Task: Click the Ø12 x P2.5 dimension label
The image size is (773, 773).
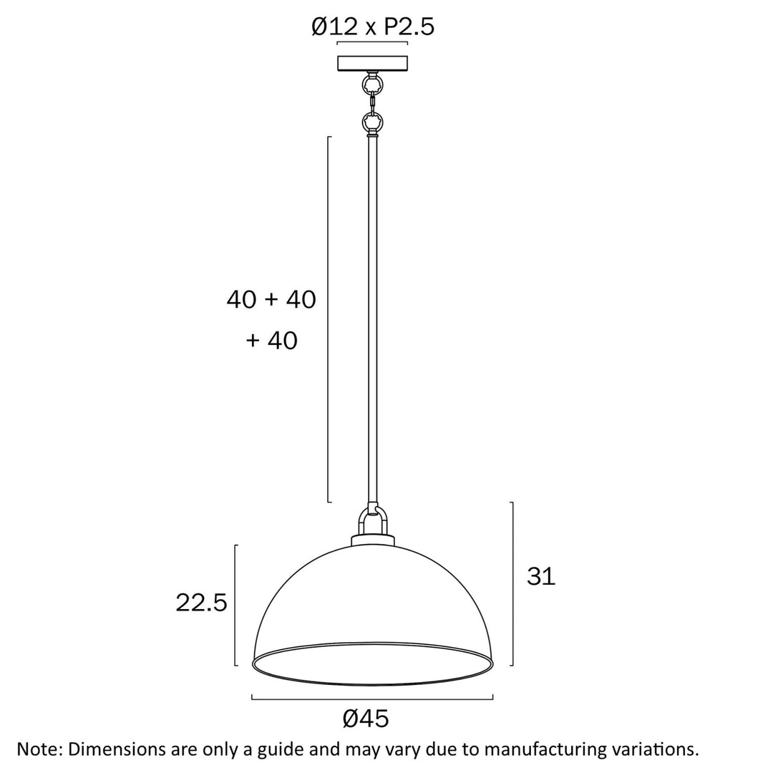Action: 373,26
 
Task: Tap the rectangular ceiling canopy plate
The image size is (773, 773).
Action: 373,64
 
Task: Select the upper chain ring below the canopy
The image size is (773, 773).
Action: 373,85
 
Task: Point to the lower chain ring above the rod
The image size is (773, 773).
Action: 373,122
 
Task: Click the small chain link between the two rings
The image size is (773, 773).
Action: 373,104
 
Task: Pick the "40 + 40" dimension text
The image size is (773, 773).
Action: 271,299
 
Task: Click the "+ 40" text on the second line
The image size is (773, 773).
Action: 272,340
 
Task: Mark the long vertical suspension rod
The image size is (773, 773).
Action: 373,321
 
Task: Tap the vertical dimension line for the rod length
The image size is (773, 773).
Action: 329,319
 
